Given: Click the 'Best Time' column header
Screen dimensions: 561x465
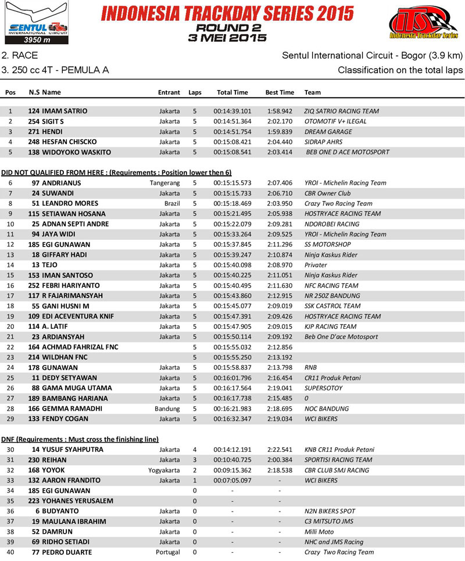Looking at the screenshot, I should point(280,92).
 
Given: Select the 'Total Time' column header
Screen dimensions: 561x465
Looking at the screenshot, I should point(232,92).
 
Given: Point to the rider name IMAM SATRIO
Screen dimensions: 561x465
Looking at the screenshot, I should point(65,111).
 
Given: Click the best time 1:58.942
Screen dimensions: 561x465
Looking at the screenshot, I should point(280,111).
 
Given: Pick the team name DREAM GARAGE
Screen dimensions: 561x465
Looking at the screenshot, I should point(329,132).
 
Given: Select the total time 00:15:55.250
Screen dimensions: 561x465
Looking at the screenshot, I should point(232,358).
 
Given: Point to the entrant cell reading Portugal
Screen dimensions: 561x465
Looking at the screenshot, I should point(168,552).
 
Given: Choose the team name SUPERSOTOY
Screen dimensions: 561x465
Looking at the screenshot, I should point(323,389).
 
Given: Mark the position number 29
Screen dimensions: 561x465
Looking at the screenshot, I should point(10,419).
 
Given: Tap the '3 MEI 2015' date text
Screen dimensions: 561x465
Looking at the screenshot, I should point(227,38).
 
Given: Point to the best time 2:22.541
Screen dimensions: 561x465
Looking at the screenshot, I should point(280,449).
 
